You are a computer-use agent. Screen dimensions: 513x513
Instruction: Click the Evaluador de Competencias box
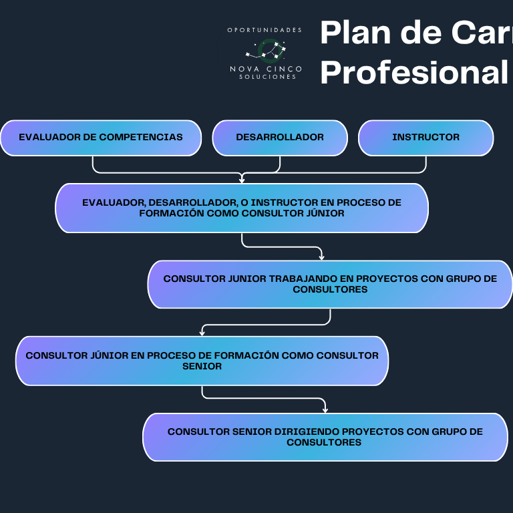(x=101, y=138)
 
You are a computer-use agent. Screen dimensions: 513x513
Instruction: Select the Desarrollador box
(x=280, y=138)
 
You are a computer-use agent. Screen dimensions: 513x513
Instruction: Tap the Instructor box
(x=425, y=138)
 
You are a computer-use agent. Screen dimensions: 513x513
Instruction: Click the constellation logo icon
(x=266, y=50)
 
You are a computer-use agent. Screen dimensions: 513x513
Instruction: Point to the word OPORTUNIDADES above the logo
(x=265, y=29)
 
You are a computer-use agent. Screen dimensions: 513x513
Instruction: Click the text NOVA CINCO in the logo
(x=266, y=69)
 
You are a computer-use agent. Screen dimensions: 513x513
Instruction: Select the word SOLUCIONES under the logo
(x=267, y=77)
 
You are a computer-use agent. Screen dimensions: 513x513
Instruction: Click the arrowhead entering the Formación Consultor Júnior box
(x=242, y=179)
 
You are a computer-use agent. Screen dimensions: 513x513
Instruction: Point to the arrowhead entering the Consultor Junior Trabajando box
(x=322, y=256)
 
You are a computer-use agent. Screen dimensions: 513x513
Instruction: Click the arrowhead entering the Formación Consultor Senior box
(x=202, y=332)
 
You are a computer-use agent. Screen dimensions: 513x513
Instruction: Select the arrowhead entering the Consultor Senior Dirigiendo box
(x=325, y=409)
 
